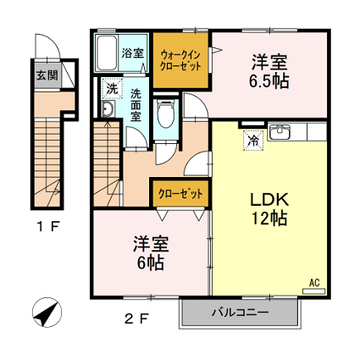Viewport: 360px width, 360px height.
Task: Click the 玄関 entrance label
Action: pos(47,75)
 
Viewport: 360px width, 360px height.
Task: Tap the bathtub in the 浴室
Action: pos(107,53)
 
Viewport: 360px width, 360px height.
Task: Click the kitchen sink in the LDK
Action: pos(279,131)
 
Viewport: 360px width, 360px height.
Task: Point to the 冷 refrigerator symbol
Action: pos(254,141)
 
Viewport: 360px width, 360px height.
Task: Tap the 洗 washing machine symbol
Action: pos(113,88)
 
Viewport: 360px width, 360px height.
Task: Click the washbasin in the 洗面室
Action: pos(108,108)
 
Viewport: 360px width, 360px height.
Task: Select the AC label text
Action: pos(314,283)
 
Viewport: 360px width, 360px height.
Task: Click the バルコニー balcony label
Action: pos(241,313)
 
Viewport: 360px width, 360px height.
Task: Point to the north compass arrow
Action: pos(47,313)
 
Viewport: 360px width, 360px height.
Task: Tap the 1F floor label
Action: pos(48,226)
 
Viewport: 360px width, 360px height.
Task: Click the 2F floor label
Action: pos(136,319)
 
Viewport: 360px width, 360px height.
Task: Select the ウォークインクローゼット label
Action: pos(180,60)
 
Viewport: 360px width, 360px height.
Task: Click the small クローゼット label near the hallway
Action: pos(180,194)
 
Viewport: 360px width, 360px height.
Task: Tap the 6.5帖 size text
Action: pos(269,80)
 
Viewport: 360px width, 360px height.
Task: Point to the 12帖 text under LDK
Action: pos(269,218)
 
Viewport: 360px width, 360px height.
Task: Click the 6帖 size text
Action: pos(151,263)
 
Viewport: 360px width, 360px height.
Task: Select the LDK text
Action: pos(269,199)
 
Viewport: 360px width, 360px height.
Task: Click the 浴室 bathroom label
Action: pos(133,53)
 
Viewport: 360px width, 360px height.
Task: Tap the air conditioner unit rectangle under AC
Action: pos(314,291)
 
